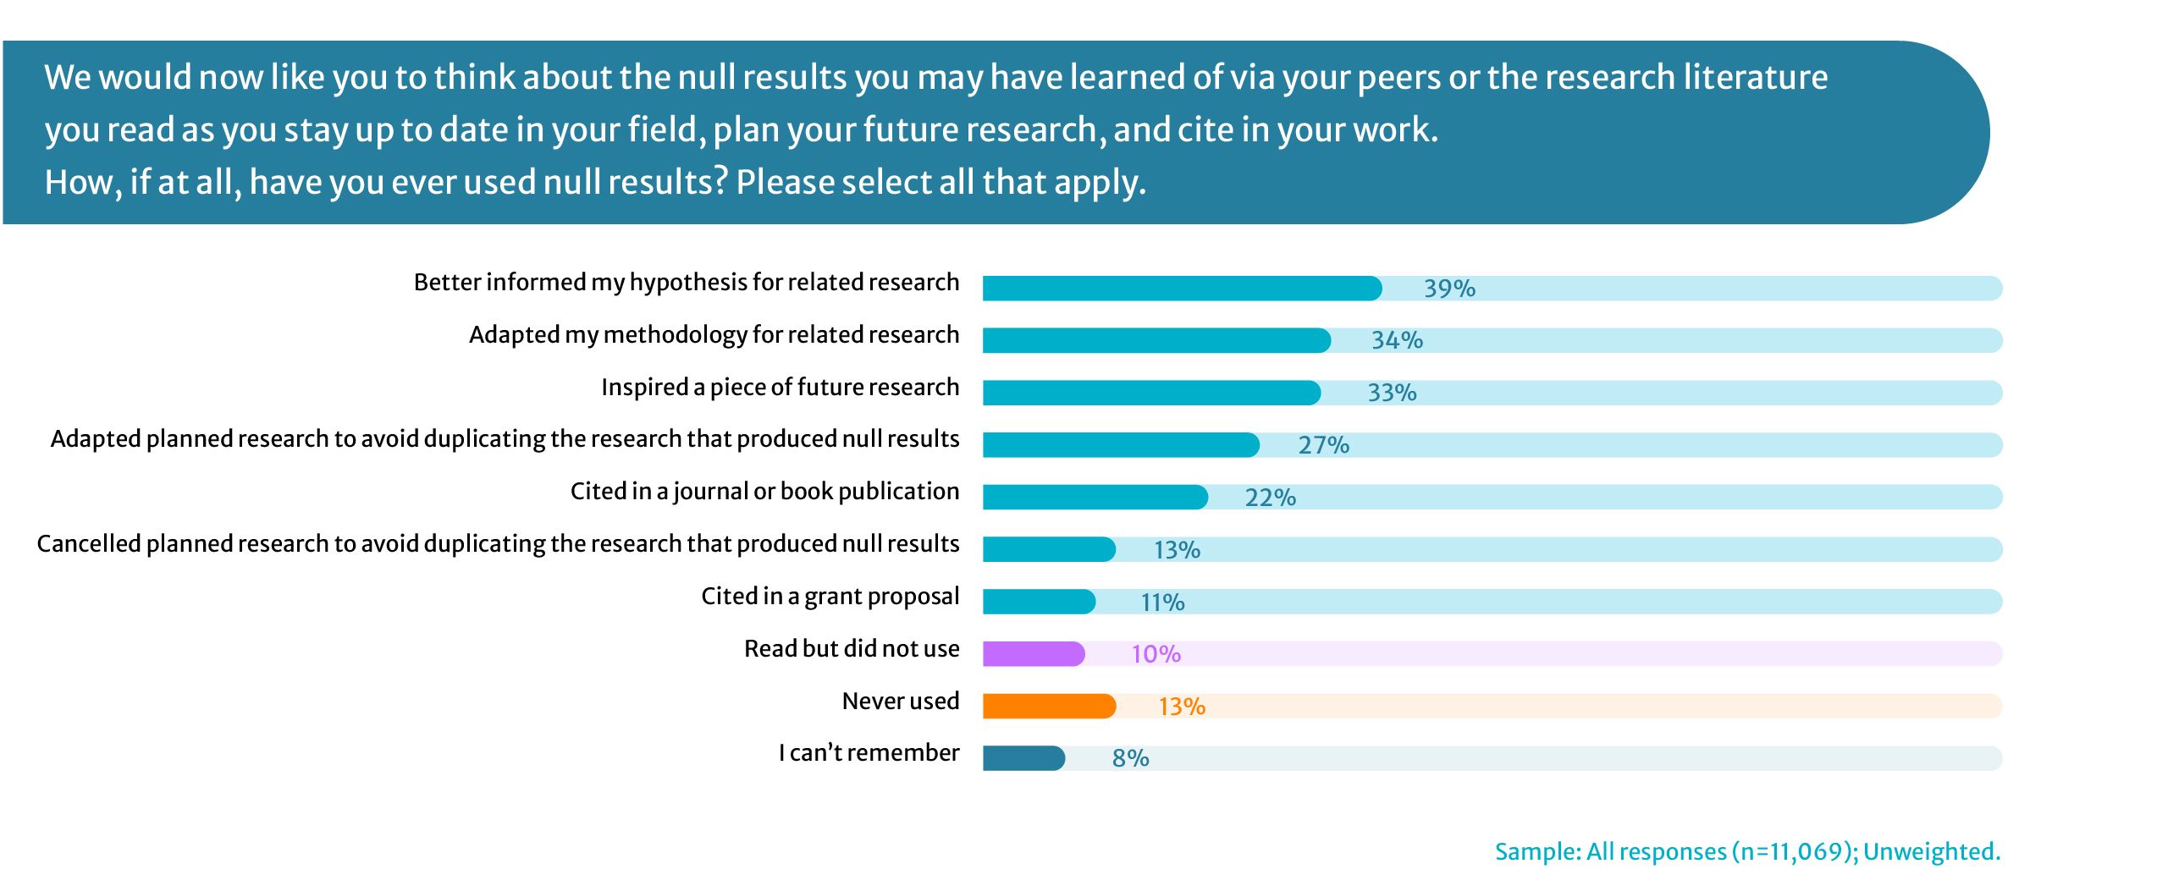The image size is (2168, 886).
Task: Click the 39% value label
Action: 1449,289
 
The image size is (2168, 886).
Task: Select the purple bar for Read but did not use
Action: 1033,653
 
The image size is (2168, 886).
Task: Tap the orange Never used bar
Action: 1048,706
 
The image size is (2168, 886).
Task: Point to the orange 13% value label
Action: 1181,707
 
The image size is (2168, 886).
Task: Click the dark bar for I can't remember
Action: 1023,758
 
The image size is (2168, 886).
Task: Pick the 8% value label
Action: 1130,758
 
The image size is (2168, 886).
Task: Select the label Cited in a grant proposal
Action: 830,597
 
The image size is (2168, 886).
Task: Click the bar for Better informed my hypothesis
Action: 1181,289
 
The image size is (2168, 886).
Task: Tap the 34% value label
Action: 1397,340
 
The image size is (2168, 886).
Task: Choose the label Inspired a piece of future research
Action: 780,388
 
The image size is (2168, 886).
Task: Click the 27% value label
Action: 1323,445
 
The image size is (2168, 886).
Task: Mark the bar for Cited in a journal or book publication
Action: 1094,498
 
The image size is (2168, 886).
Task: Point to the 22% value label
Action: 1270,498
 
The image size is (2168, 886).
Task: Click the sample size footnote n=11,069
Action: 1747,851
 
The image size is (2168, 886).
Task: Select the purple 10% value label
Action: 1156,654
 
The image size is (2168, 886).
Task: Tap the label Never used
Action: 900,702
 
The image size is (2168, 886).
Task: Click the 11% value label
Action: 1162,603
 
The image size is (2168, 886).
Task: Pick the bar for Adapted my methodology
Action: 1156,340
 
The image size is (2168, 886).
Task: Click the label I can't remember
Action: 869,753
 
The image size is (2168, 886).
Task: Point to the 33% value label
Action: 1392,393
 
